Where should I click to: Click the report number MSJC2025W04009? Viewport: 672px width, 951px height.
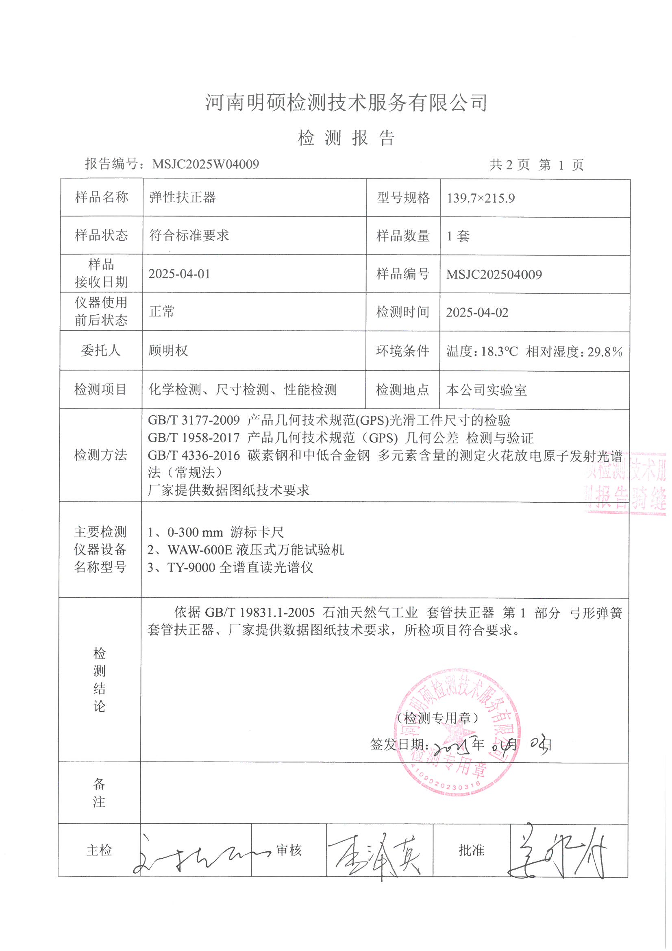click(x=205, y=164)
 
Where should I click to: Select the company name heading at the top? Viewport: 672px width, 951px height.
click(x=346, y=103)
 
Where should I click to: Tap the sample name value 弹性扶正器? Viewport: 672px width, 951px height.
click(x=183, y=197)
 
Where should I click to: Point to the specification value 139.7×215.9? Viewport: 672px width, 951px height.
click(x=481, y=198)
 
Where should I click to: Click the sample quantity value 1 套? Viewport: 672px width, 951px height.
click(x=458, y=236)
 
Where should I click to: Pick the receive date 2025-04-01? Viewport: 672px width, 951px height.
click(x=179, y=274)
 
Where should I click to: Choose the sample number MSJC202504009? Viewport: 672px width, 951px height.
click(x=494, y=275)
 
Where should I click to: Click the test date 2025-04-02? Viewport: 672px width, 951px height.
click(x=477, y=312)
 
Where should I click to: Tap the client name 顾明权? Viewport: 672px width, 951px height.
click(x=168, y=351)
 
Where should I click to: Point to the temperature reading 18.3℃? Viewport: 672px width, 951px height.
click(x=499, y=352)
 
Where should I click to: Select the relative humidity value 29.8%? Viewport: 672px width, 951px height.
click(x=605, y=352)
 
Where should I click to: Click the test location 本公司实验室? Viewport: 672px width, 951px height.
click(x=486, y=390)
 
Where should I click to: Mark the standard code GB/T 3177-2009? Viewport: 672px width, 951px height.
click(x=194, y=421)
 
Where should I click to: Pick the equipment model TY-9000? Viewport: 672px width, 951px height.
click(x=191, y=567)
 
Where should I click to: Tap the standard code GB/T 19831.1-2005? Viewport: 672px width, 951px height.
click(x=260, y=612)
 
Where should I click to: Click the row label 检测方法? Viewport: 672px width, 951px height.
click(x=100, y=455)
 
